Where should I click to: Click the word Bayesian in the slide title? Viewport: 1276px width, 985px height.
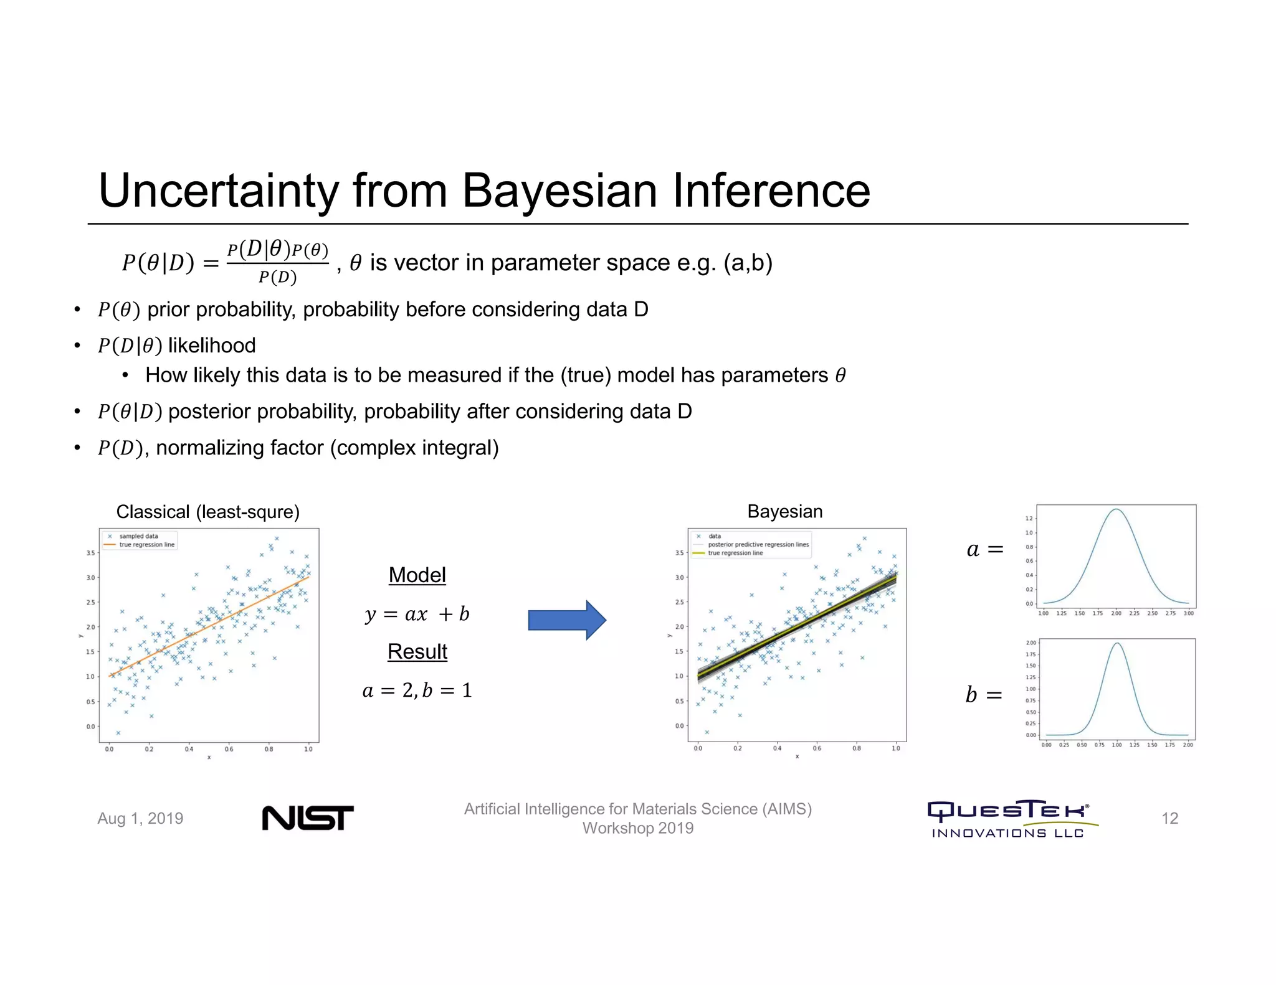pyautogui.click(x=559, y=191)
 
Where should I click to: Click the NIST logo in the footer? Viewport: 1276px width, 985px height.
pyautogui.click(x=307, y=818)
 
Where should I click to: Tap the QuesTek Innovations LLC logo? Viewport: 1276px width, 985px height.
pyautogui.click(x=1012, y=819)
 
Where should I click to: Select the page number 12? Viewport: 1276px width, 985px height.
pyautogui.click(x=1169, y=818)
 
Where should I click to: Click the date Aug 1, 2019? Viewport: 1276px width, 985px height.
pyautogui.click(x=140, y=818)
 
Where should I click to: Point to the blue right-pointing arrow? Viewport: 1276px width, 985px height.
pyautogui.click(x=566, y=620)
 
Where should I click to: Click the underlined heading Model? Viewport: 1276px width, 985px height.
pyautogui.click(x=417, y=575)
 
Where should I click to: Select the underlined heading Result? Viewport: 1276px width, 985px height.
pyautogui.click(x=417, y=651)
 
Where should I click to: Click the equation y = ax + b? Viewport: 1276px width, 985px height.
pyautogui.click(x=417, y=614)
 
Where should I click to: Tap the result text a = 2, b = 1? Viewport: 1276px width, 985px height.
pyautogui.click(x=417, y=690)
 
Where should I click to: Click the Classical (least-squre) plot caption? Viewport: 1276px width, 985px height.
pyautogui.click(x=207, y=512)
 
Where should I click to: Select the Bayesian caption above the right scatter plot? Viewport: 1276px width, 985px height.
pyautogui.click(x=784, y=511)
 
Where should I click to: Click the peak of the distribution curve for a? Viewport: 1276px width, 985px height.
pyautogui.click(x=1116, y=510)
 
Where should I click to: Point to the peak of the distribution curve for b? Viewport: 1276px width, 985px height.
pyautogui.click(x=1117, y=644)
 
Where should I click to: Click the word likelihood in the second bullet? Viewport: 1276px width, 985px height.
pyautogui.click(x=212, y=346)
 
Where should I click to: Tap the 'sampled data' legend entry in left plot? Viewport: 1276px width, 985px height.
pyautogui.click(x=138, y=536)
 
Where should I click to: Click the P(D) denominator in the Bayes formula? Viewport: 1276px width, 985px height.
pyautogui.click(x=277, y=277)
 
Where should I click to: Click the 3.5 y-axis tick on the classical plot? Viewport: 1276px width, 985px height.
pyautogui.click(x=90, y=553)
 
